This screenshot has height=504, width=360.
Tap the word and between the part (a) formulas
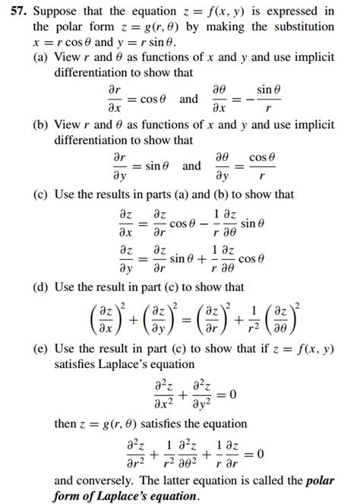[x=188, y=99]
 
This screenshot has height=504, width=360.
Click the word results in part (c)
[x=116, y=195]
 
